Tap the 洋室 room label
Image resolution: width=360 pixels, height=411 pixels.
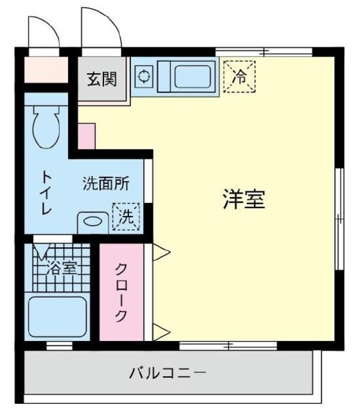click(243, 200)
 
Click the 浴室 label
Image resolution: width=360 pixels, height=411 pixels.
click(61, 268)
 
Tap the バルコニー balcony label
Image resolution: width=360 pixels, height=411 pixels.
click(167, 372)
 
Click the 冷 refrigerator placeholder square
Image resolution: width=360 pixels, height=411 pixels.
click(239, 77)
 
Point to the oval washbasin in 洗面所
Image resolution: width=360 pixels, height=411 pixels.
click(93, 222)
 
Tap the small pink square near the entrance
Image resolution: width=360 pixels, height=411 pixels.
click(86, 136)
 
